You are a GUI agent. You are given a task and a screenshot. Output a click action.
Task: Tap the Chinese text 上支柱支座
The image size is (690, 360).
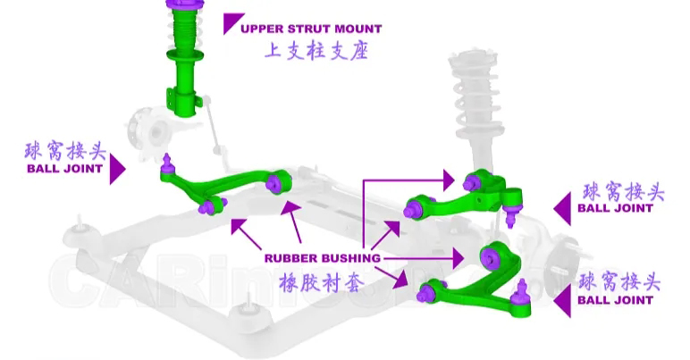[316, 51]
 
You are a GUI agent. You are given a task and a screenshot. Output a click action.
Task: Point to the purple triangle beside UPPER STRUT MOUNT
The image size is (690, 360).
[232, 23]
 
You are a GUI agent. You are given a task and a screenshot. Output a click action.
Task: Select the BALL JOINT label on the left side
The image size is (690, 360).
[64, 168]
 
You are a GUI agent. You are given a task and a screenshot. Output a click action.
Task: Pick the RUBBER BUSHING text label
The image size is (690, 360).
[323, 258]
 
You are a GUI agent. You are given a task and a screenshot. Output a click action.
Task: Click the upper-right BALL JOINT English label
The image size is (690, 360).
[615, 208]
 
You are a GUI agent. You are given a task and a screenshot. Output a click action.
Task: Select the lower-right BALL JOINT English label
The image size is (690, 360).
[615, 300]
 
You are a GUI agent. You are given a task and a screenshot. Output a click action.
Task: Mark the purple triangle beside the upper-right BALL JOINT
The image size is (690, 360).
[562, 208]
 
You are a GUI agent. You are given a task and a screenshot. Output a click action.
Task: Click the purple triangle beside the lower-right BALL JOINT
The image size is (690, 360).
[562, 301]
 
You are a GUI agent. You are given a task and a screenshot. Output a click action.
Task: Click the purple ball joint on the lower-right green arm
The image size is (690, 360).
[521, 288]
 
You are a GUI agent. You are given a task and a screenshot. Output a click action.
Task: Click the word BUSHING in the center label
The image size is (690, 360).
[350, 258]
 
